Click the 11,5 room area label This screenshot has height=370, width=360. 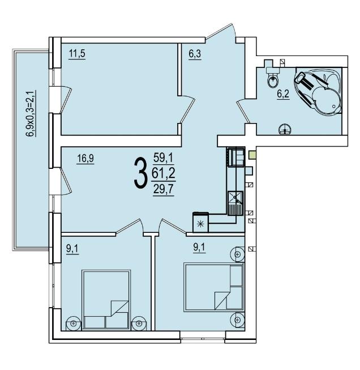coord(77,54)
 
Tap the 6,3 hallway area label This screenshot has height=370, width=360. coord(195,54)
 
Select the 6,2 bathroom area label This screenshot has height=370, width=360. coord(283,94)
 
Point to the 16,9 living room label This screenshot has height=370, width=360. coord(85,158)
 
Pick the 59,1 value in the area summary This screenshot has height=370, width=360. coord(164,158)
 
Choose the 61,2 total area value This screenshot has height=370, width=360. coord(164,173)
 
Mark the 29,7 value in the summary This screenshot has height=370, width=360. coord(164,189)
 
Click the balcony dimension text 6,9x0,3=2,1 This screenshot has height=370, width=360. coord(31,113)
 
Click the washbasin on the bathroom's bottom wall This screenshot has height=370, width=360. coord(285,129)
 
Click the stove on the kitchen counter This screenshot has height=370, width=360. coord(236,157)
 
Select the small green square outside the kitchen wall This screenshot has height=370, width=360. coord(252,155)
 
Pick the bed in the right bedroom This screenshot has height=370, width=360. coord(214,287)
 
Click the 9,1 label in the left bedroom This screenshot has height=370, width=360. coord(72,249)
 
